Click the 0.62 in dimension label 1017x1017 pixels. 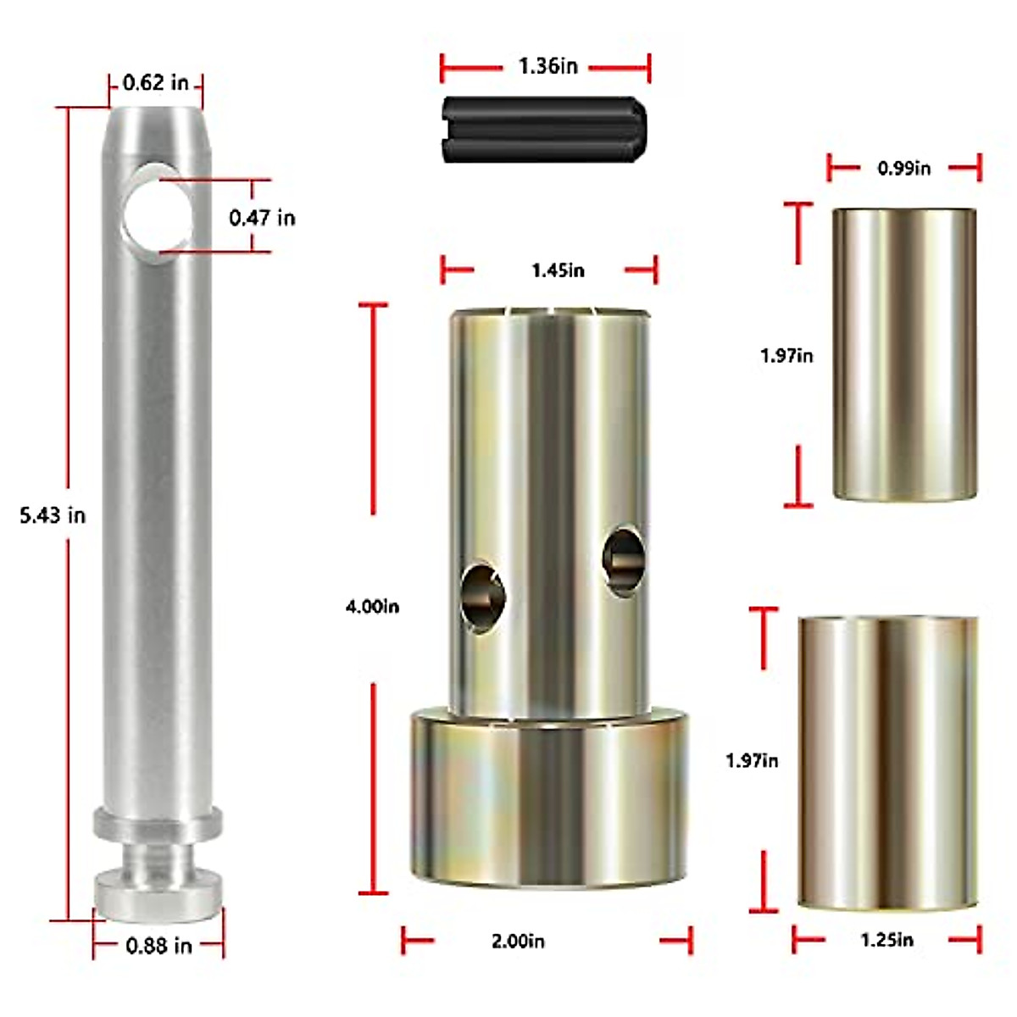point(156,83)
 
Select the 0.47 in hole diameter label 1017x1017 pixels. point(262,218)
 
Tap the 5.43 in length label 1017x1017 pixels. point(53,515)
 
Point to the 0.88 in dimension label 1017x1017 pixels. point(158,945)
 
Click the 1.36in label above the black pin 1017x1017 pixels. point(547,66)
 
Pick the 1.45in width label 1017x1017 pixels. point(558,270)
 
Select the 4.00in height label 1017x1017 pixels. point(372,607)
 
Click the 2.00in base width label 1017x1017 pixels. point(518,941)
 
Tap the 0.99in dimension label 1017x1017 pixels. point(903,169)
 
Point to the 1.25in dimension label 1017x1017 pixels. point(886,940)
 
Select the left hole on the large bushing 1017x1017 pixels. point(482,596)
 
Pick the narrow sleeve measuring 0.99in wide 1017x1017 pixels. point(903,353)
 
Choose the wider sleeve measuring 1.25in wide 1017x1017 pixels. point(887,763)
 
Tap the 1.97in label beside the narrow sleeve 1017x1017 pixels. point(786,356)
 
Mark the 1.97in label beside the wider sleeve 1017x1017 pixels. point(752,761)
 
